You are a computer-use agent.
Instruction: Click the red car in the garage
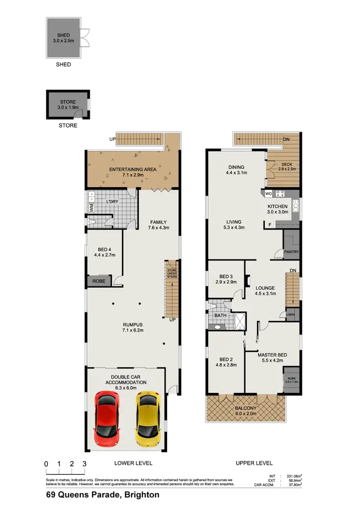pos(108,418)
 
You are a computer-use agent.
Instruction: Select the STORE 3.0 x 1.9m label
pos(68,105)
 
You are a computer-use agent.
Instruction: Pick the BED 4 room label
pos(105,252)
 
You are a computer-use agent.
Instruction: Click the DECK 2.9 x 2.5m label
pos(287,166)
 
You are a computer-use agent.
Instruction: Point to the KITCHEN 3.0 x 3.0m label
pos(277,209)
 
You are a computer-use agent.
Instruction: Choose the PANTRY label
pos(291,252)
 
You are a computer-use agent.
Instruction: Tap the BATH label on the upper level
pos(220,315)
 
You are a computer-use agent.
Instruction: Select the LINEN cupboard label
pos(290,315)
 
